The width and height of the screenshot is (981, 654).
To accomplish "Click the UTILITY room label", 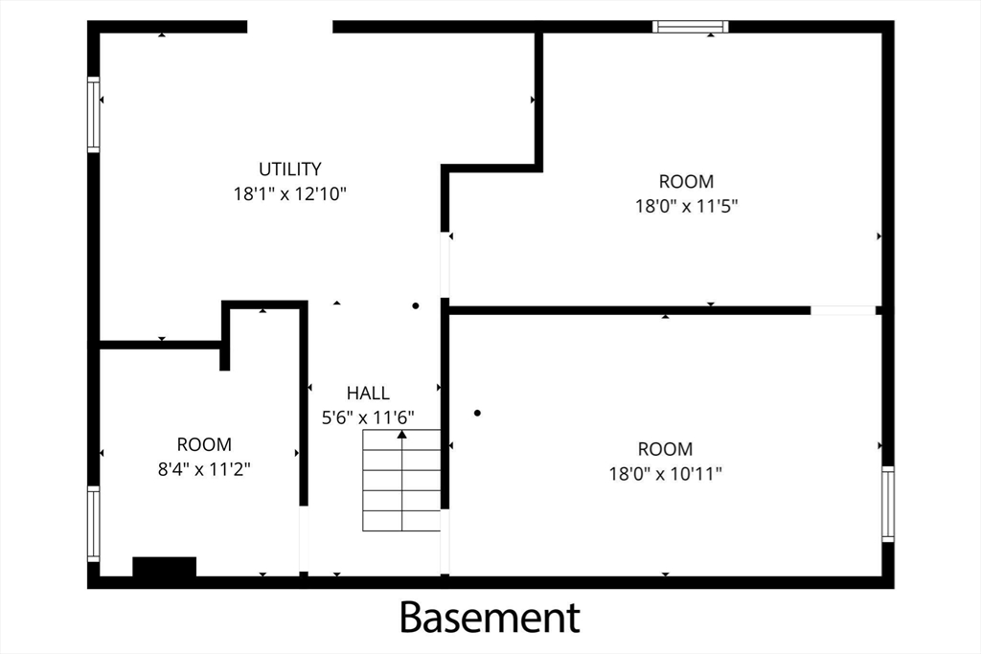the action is (x=289, y=169).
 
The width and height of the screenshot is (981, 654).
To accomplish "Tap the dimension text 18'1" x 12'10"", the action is (x=289, y=193).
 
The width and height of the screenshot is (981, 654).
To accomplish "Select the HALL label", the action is (x=368, y=393).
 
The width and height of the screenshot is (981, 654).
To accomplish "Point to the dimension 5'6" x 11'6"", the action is (x=368, y=417).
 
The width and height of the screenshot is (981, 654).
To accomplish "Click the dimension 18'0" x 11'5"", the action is (x=686, y=206).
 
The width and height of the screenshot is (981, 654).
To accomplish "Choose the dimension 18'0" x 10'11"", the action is (x=665, y=473).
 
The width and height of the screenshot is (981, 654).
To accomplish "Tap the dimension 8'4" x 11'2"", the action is (x=204, y=469).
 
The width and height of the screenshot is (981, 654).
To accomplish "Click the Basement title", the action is (x=490, y=617).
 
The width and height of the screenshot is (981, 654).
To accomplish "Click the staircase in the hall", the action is (x=401, y=480).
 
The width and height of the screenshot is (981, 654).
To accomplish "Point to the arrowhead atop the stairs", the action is (x=401, y=434).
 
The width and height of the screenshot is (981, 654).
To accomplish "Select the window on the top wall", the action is (x=690, y=26).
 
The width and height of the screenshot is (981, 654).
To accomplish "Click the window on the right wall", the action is (x=888, y=504).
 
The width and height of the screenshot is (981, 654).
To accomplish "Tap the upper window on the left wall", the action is (x=93, y=114).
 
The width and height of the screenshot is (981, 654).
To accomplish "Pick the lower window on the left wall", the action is (x=93, y=524).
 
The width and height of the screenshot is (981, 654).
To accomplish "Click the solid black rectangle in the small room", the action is (x=165, y=567).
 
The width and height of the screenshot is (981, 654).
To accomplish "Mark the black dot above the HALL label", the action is (x=416, y=305).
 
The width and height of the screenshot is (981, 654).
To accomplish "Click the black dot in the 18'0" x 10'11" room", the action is (x=477, y=413).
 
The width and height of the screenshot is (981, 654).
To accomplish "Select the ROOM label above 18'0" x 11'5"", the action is (x=686, y=181).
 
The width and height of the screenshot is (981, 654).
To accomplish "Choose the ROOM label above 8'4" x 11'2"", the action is (x=204, y=444).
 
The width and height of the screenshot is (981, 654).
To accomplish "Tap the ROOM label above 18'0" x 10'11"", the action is (x=665, y=449).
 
